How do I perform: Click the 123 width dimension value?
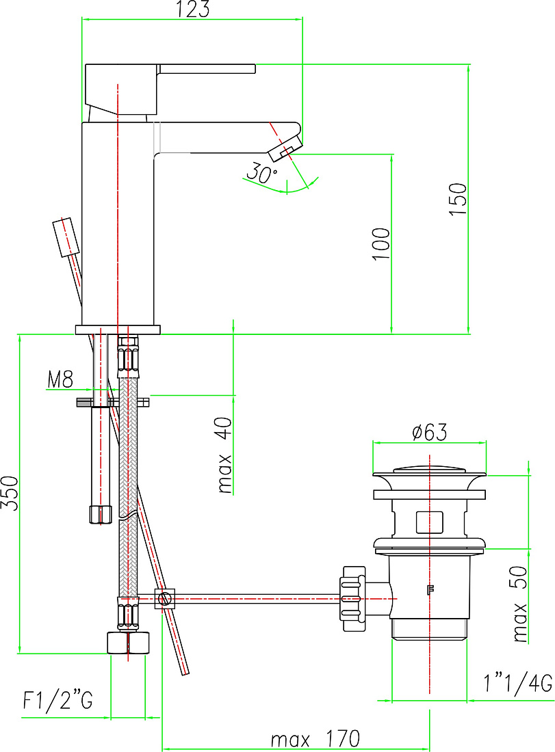(194, 10)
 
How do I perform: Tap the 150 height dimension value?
(458, 199)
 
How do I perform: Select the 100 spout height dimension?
(381, 244)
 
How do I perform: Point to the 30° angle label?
(261, 172)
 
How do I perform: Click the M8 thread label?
(60, 379)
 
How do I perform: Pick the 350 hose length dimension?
(9, 494)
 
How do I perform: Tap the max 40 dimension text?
(224, 455)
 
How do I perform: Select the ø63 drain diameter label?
(429, 431)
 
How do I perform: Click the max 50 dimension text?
(520, 604)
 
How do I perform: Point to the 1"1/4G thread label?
(518, 684)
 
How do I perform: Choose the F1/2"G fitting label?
(57, 700)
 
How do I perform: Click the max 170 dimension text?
(315, 738)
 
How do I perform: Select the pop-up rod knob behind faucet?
(66, 237)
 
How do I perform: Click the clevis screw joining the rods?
(165, 599)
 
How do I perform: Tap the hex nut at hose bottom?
(128, 643)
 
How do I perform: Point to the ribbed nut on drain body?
(352, 599)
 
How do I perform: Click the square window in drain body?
(429, 522)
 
